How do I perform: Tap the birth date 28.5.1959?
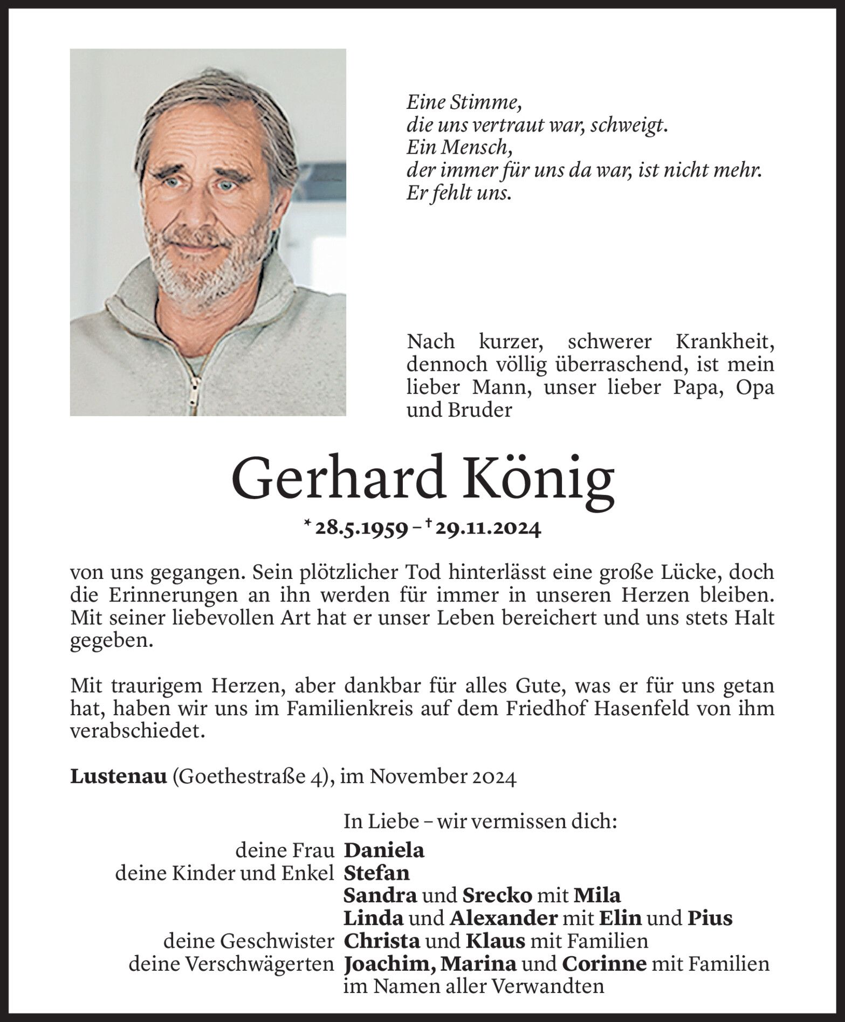coord(361,529)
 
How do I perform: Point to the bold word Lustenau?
coord(118,777)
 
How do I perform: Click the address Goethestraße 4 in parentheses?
coord(250,778)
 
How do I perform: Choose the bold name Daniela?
coord(384,850)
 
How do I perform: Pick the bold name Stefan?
coord(376,873)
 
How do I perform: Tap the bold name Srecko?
coord(497,895)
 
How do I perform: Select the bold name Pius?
coord(710,918)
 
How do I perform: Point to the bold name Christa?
coord(382,941)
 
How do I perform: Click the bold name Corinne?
coord(603,964)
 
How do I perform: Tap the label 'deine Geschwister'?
coord(249,941)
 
